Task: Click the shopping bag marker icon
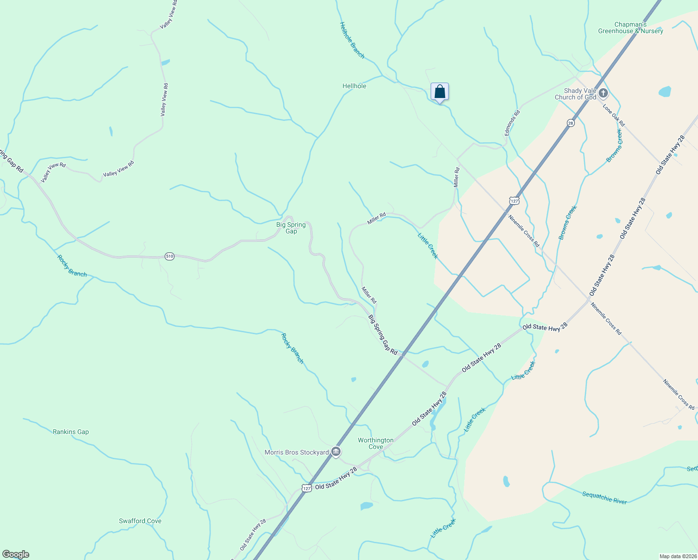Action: coord(440,92)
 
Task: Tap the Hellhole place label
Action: coord(354,86)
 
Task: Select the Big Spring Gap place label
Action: coord(291,228)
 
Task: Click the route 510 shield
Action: coord(169,256)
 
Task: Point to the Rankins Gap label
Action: coord(70,432)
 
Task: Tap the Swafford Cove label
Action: coord(140,521)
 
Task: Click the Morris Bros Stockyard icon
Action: coord(336,452)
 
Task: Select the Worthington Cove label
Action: coord(376,443)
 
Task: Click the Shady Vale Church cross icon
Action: coord(603,93)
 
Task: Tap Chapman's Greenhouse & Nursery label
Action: coord(631,28)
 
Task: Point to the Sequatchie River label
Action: coord(605,497)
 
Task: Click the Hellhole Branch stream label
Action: coord(352,40)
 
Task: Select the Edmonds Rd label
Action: coord(512,123)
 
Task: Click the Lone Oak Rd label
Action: coord(614,115)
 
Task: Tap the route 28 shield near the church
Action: coord(571,123)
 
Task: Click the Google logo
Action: coord(16,554)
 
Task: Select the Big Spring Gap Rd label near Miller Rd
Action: coord(383,335)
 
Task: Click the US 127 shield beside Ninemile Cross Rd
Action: coord(514,201)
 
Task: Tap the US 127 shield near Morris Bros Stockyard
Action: coord(306,488)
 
